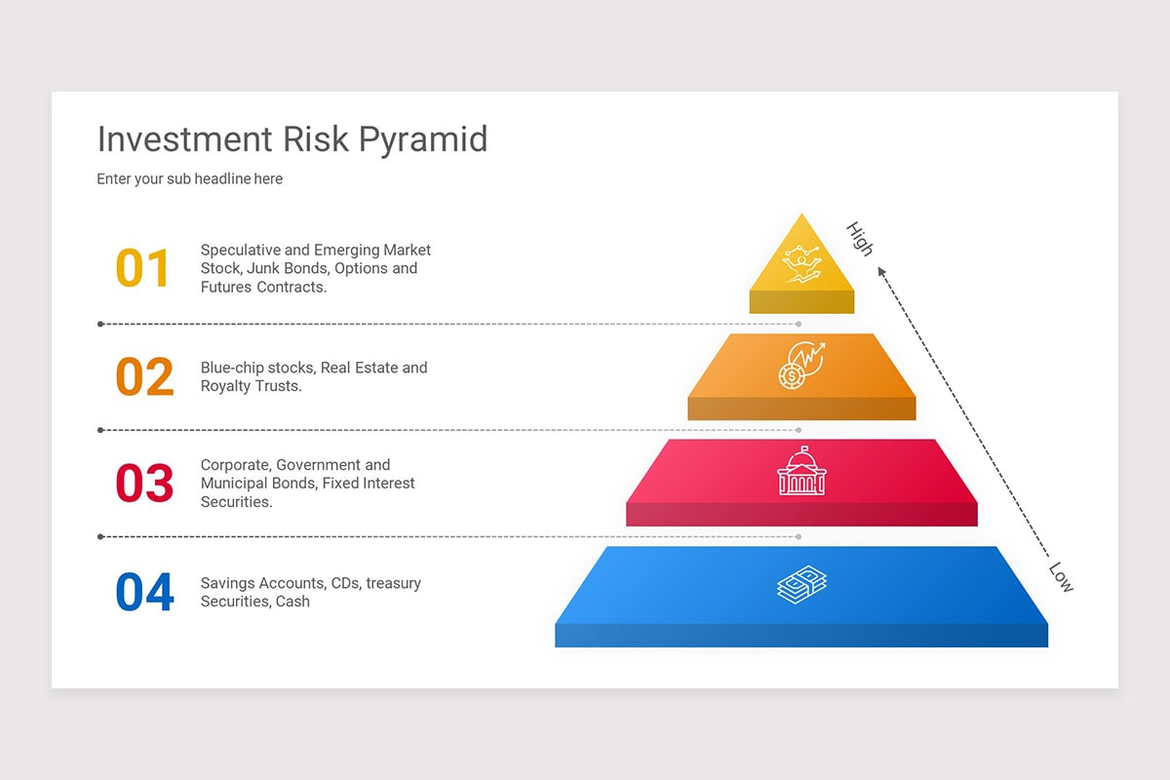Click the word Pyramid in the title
(422, 140)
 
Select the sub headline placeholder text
(189, 179)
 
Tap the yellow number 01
(143, 269)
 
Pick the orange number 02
(144, 377)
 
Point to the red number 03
(144, 484)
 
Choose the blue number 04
(144, 593)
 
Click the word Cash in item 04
(292, 602)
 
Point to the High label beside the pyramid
(860, 239)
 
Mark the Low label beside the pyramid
(1061, 577)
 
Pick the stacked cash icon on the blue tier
(801, 584)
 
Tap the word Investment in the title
(184, 140)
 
